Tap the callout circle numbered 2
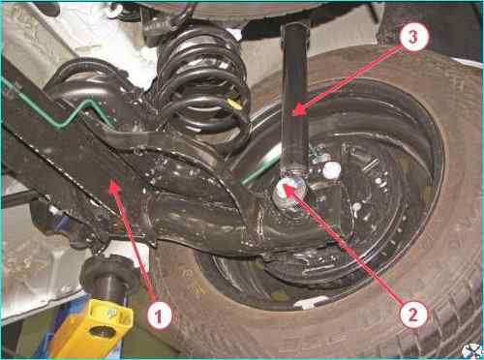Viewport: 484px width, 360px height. (413, 313)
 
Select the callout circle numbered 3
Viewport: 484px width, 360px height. (413, 36)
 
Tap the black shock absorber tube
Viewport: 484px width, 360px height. (295, 97)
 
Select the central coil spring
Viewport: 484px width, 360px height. (203, 87)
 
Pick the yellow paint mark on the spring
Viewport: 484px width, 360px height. (235, 104)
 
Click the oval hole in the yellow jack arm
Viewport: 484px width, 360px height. (102, 332)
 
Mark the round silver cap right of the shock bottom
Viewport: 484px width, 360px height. (331, 170)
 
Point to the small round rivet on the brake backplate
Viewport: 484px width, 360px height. (356, 206)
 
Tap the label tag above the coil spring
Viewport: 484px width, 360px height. (156, 25)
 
